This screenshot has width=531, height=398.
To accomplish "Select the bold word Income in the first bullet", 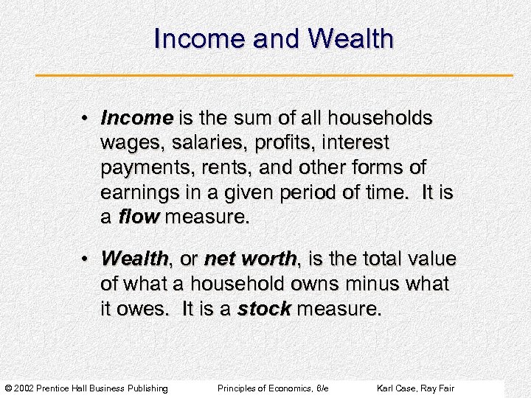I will coord(136,118).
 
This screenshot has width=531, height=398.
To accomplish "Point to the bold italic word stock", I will coord(264,310).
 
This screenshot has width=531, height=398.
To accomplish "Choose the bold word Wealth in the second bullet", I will coord(134,259).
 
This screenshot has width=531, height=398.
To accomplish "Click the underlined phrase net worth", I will coord(250,259).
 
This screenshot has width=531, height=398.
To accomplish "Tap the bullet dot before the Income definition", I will coord(86,119).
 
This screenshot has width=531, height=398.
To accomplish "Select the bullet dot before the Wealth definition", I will coord(86,259).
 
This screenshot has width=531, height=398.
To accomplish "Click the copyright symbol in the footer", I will coord(8,388).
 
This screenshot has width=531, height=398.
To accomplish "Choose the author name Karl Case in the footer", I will coord(397,388).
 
